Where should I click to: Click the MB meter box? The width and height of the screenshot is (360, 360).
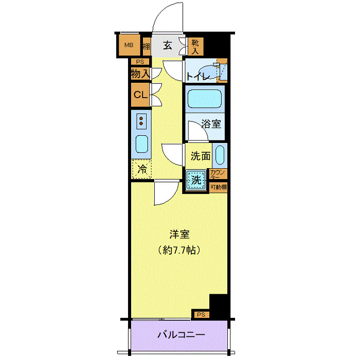pos(129,45)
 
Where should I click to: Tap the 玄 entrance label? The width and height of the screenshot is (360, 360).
pos(168,45)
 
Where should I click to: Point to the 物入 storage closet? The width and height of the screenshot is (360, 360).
pos(140,74)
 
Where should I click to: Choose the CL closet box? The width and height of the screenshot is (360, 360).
pos(140,95)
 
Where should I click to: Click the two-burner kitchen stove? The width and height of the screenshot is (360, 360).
pos(141,121)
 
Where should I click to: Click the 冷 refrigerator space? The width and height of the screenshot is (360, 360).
pos(141,168)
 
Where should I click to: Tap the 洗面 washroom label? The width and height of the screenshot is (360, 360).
pos(200,155)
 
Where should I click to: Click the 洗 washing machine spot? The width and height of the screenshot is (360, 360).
pos(196,180)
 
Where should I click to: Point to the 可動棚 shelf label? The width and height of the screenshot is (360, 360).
pos(218,187)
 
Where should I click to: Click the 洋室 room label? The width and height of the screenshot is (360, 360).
pos(179,235)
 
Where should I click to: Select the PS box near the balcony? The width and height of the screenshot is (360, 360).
pos(201,314)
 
